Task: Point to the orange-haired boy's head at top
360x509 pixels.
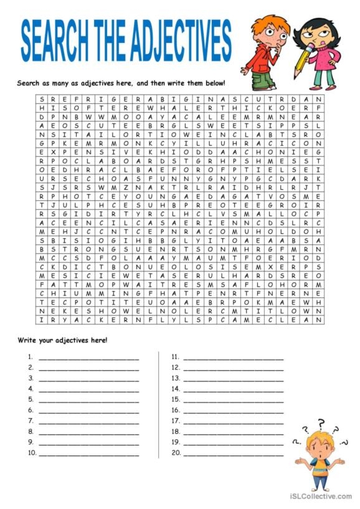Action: click(x=269, y=31)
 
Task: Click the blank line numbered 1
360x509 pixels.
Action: click(x=88, y=358)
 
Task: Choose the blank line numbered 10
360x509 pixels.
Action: click(x=88, y=454)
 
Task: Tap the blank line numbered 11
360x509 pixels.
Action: click(x=233, y=358)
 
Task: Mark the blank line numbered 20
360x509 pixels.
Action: click(x=233, y=454)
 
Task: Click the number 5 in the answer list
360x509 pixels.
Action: click(x=30, y=399)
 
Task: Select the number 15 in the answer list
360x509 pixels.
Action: click(x=176, y=399)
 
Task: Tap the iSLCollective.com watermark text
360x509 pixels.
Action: click(x=320, y=496)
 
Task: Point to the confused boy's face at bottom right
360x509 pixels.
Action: click(x=318, y=448)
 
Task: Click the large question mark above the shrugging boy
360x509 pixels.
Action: click(x=321, y=424)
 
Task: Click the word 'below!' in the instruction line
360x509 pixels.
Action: click(x=213, y=83)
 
